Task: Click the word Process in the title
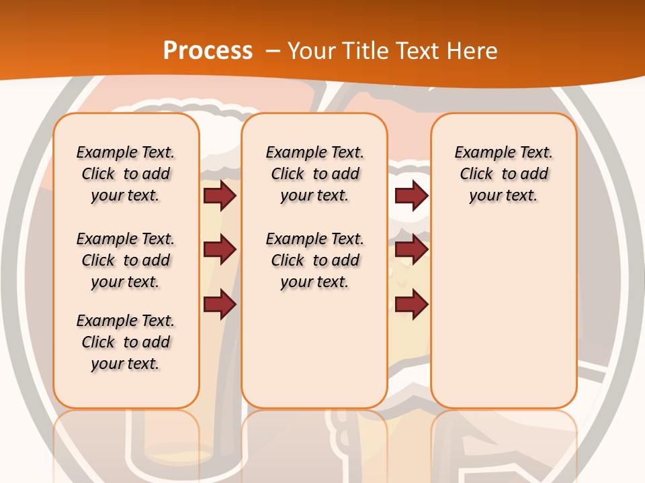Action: pyautogui.click(x=208, y=51)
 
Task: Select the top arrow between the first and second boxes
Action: pyautogui.click(x=220, y=195)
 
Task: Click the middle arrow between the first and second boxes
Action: pyautogui.click(x=220, y=250)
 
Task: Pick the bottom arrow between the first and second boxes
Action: pyautogui.click(x=220, y=305)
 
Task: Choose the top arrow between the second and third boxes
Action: pyautogui.click(x=411, y=195)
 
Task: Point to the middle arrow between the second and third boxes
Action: pyautogui.click(x=411, y=250)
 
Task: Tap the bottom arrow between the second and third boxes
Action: pyautogui.click(x=411, y=305)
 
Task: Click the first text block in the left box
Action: pyautogui.click(x=126, y=174)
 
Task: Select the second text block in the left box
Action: pyautogui.click(x=126, y=260)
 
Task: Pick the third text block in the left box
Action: pyautogui.click(x=126, y=342)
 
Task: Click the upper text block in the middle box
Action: pyautogui.click(x=314, y=174)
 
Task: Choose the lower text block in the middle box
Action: pyautogui.click(x=314, y=260)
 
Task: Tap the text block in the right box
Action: pyautogui.click(x=503, y=174)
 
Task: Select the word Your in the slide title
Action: pyautogui.click(x=313, y=51)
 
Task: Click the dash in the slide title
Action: pyautogui.click(x=273, y=51)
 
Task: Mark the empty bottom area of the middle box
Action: pyautogui.click(x=314, y=356)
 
